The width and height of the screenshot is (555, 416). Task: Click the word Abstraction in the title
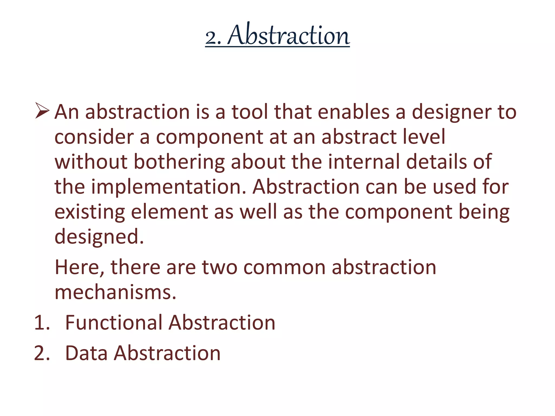tap(289, 35)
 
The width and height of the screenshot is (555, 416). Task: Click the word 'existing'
tap(90, 212)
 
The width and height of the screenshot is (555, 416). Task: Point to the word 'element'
tap(169, 212)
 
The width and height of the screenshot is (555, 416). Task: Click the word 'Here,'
tap(79, 268)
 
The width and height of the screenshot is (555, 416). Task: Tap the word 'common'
tap(284, 267)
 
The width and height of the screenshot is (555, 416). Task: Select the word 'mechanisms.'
tap(115, 292)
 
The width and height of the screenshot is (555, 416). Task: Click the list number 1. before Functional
tap(42, 323)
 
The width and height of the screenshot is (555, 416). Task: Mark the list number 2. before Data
tap(42, 353)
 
